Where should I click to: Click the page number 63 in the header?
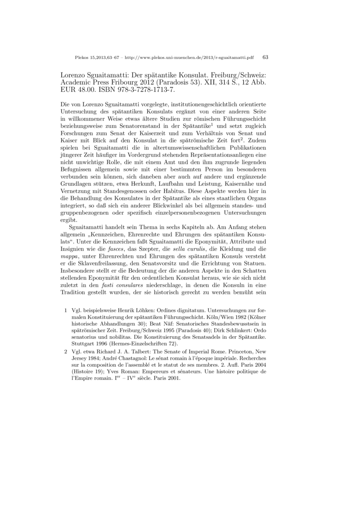tap(265, 57)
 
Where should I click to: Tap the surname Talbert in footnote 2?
tap(141, 351)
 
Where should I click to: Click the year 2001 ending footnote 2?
tap(172, 378)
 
